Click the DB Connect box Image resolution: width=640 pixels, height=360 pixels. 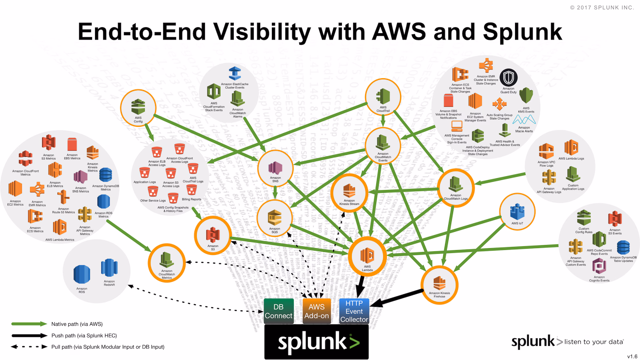click(x=278, y=311)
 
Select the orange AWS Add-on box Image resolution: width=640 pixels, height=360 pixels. click(x=317, y=311)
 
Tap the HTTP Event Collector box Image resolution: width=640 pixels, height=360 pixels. click(x=354, y=311)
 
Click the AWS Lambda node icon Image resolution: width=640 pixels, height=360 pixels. click(x=367, y=255)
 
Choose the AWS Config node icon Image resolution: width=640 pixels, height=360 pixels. click(x=138, y=107)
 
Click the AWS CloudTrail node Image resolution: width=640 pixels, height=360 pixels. click(x=383, y=97)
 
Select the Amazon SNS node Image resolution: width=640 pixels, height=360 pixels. click(x=275, y=168)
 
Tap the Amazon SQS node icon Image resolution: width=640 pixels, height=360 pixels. click(x=275, y=217)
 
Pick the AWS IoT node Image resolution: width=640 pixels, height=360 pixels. click(x=517, y=212)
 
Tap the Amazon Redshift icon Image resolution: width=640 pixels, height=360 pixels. click(x=109, y=268)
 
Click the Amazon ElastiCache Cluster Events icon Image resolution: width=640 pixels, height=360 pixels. click(x=235, y=74)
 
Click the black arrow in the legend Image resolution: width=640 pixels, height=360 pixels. click(x=30, y=336)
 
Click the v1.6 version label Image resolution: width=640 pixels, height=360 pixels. click(x=632, y=356)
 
